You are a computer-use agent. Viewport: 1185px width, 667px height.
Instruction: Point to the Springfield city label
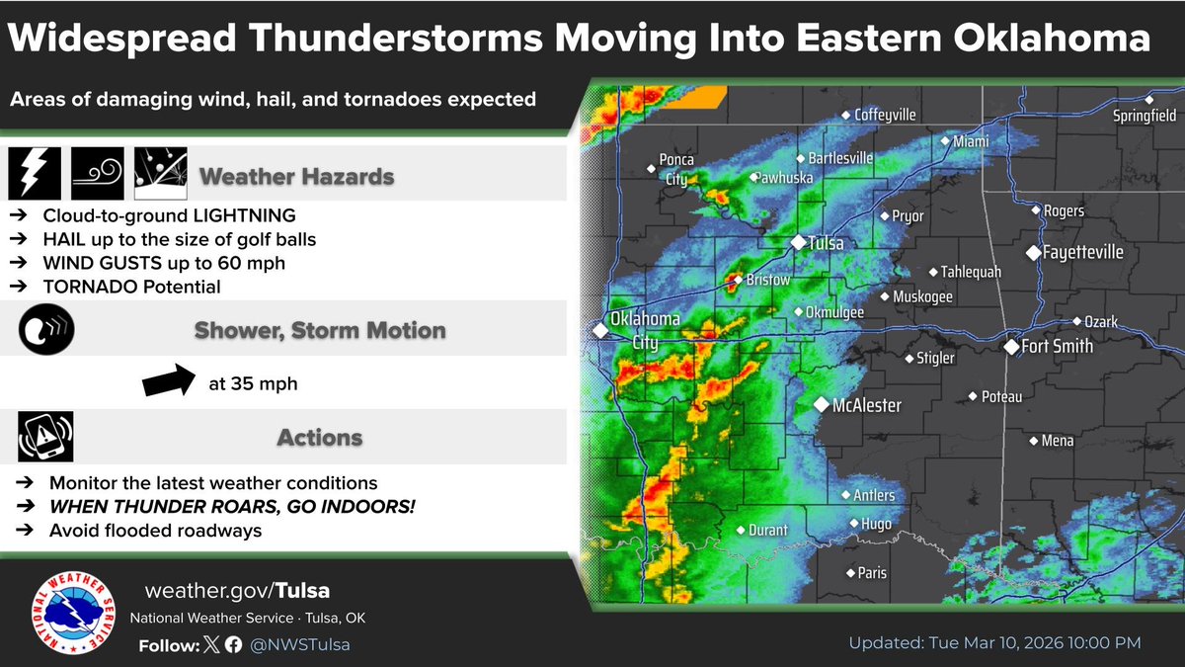[x=1145, y=116]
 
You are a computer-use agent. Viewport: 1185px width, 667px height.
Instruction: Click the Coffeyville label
[x=885, y=115]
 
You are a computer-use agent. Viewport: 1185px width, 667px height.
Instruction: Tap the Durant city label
[x=767, y=531]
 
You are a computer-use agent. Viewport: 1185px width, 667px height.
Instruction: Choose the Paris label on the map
[x=872, y=573]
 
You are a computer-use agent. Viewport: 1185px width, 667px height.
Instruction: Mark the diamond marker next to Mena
[x=1033, y=441]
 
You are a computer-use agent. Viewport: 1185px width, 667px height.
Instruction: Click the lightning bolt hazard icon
[x=35, y=174]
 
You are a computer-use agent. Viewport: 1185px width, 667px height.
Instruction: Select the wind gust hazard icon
[x=97, y=174]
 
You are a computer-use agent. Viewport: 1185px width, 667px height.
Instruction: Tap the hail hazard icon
[x=159, y=174]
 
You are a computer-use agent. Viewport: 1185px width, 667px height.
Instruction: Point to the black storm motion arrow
[x=170, y=380]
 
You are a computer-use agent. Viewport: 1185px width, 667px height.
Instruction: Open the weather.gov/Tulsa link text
[x=237, y=591]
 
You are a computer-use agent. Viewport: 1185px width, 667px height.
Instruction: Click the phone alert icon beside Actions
[x=44, y=435]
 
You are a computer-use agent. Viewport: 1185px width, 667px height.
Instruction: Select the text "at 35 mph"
[x=253, y=383]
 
